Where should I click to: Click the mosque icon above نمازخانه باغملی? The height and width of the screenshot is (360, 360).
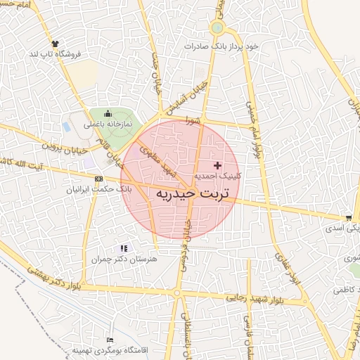107,114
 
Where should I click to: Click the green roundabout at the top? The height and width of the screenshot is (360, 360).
217,29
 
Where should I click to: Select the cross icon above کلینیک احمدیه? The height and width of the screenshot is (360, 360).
217,165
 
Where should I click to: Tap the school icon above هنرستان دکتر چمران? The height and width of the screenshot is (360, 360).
124,248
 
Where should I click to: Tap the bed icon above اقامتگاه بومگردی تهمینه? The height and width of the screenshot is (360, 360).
108,340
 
